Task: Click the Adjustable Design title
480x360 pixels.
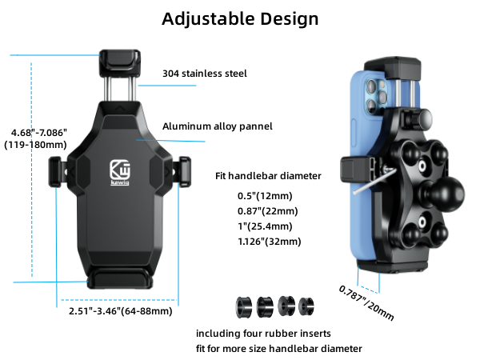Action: [240, 19]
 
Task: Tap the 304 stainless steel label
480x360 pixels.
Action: [204, 74]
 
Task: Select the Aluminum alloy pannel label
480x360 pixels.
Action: [218, 126]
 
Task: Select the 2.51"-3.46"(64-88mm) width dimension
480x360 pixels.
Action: [119, 310]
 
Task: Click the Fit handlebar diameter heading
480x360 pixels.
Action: [268, 176]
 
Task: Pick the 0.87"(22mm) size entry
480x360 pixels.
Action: [268, 211]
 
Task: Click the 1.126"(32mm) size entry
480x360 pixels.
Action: [268, 241]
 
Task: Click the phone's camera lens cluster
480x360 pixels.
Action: [374, 96]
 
